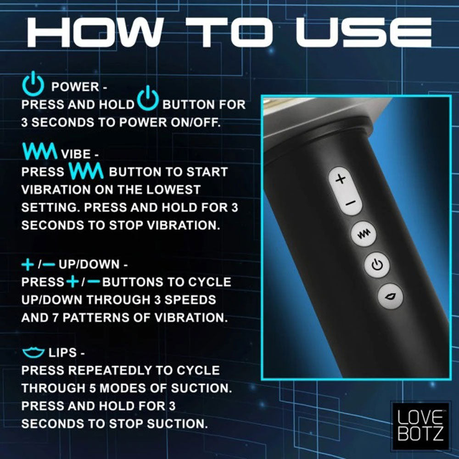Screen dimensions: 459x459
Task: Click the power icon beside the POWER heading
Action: [x=33, y=85]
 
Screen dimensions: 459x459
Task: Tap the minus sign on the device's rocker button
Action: [x=347, y=202]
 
